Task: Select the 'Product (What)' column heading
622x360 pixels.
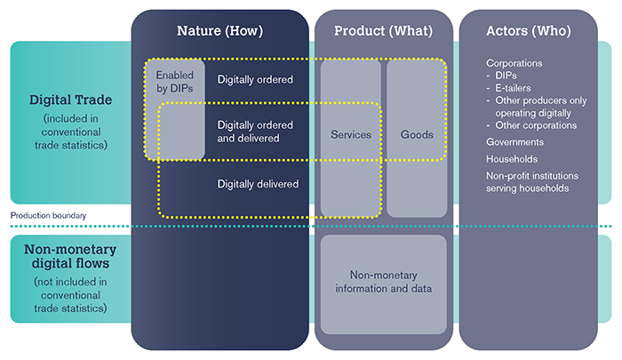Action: click(x=383, y=31)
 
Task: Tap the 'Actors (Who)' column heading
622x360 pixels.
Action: click(x=529, y=31)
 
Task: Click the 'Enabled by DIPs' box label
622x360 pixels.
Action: click(x=174, y=81)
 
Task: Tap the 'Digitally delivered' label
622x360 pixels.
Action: click(x=258, y=184)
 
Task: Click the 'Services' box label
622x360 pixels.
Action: click(x=350, y=135)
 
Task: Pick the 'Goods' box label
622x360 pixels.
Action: click(x=416, y=135)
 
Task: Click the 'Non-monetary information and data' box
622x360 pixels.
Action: click(x=383, y=281)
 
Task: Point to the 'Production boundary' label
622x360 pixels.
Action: click(x=49, y=215)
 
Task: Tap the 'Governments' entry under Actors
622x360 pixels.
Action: click(x=515, y=141)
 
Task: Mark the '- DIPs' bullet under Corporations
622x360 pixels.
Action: click(x=505, y=76)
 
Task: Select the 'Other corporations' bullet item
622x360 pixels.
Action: click(x=532, y=125)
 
